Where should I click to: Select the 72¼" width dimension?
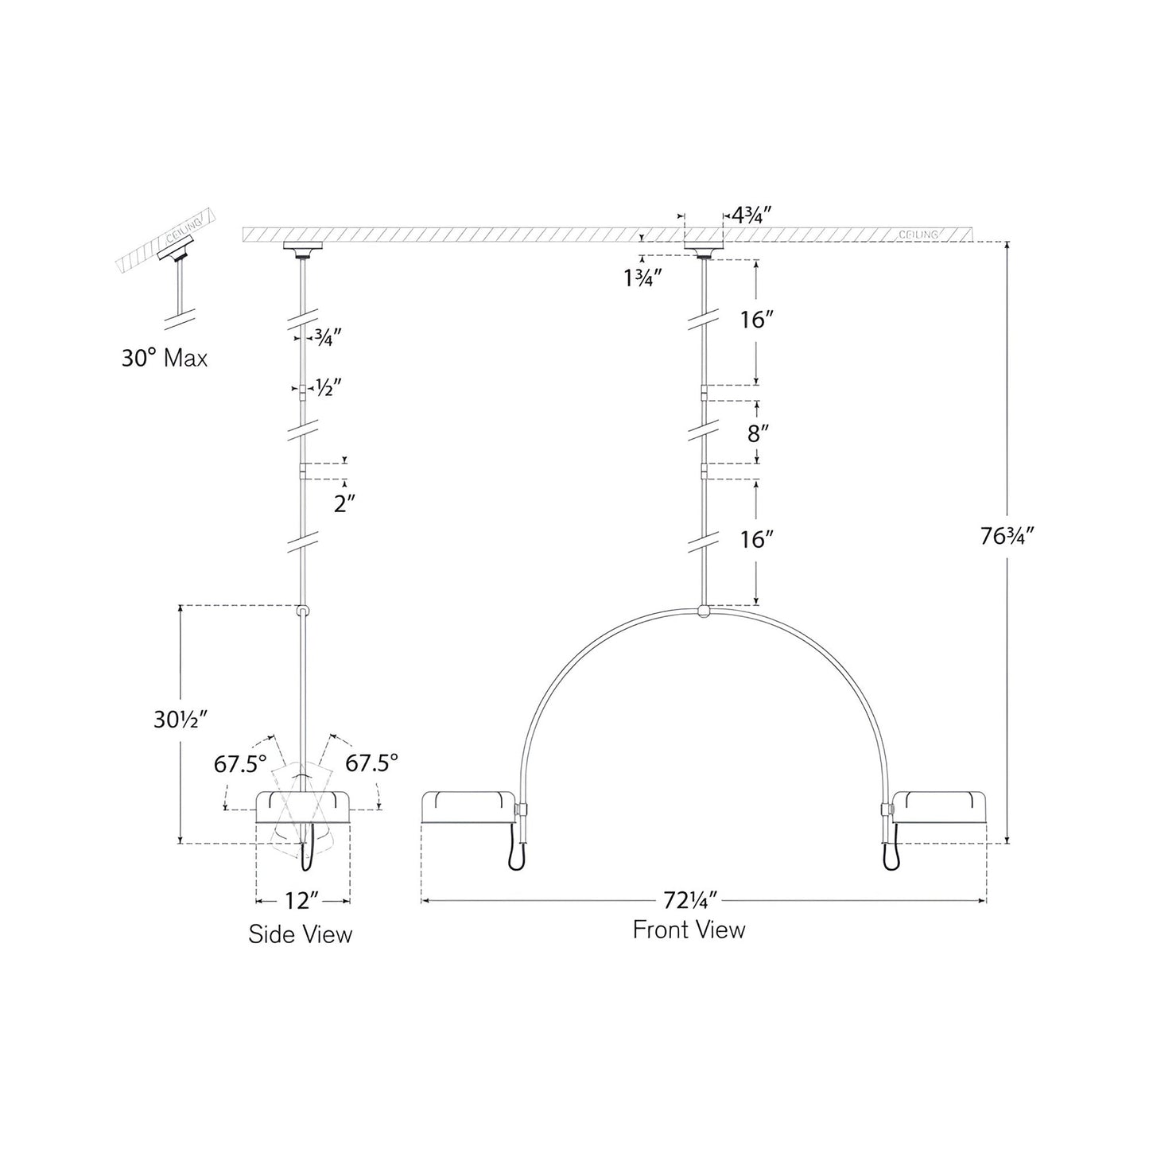coord(690,901)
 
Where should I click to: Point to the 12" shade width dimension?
coord(302,902)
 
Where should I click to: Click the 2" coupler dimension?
coord(344,504)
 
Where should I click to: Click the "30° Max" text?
coord(165,359)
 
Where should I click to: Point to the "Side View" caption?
coord(300,934)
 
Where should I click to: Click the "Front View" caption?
coord(689,930)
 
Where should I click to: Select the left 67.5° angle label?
coord(239,764)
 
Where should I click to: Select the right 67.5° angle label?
coord(371,764)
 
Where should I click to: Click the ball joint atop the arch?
coord(703,611)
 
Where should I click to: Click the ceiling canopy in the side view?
coord(302,249)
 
